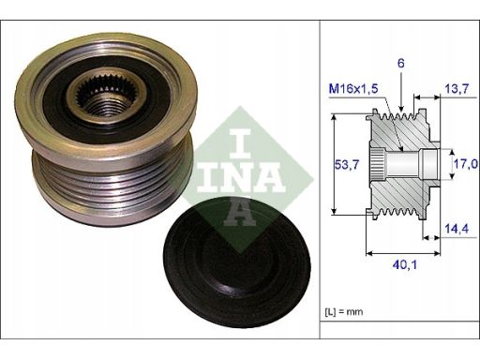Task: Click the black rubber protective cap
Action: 237,262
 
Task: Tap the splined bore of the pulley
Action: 106,98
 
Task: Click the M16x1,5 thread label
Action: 353,89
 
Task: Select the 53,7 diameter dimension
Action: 347,164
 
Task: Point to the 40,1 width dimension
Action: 405,265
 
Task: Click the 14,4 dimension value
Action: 457,229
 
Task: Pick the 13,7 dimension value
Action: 457,89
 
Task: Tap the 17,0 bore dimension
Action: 466,163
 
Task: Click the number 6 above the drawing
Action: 401,64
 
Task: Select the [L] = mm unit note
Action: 344,311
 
